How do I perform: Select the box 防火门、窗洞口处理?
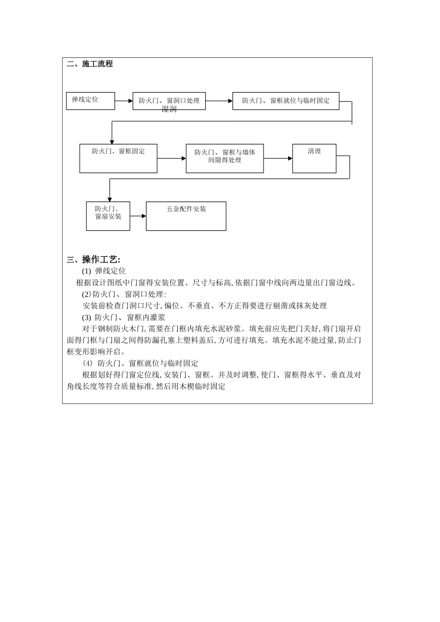169,100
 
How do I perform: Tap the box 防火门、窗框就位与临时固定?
286,101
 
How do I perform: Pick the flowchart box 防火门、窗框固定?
118,158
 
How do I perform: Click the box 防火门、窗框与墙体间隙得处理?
225,158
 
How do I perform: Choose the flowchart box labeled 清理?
314,158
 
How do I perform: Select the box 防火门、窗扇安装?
108,216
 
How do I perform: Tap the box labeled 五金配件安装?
186,216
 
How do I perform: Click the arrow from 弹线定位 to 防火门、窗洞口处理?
124,100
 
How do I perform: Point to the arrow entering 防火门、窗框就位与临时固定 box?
219,100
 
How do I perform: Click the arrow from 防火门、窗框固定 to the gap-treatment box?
171,158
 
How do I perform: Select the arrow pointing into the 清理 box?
278,158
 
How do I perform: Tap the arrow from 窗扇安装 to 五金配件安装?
138,216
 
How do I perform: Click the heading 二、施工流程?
90,64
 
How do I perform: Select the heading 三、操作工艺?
94,259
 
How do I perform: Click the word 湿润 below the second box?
169,109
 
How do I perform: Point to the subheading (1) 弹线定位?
104,271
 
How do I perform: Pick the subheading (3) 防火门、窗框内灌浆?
123,317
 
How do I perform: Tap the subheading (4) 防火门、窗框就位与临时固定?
140,363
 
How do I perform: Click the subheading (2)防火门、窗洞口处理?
124,294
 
